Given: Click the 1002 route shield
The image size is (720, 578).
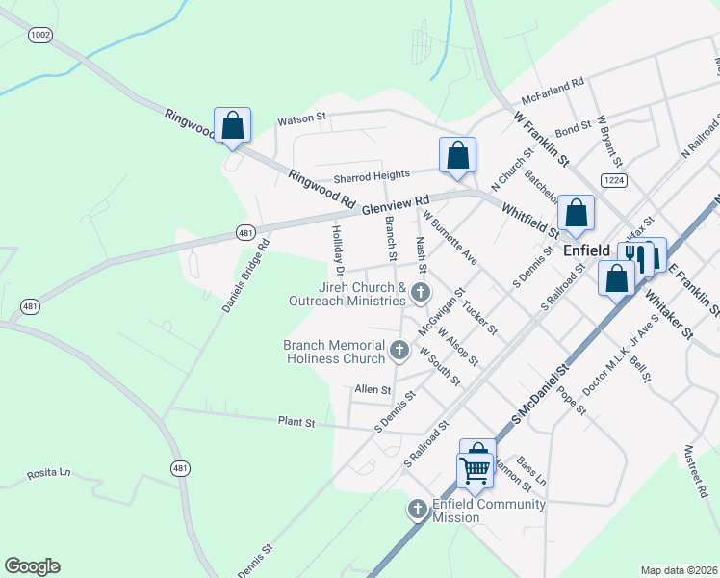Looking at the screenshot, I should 40,35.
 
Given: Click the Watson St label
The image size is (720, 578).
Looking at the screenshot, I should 301,120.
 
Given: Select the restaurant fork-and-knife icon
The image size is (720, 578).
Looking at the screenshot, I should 635,256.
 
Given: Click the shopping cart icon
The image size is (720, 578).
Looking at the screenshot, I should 475,470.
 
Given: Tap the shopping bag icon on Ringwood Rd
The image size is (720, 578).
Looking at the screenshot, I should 232,125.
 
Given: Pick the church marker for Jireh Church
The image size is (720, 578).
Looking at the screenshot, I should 420,291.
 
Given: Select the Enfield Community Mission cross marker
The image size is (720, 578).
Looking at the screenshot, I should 417,509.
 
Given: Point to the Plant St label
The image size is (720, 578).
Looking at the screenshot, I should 296,422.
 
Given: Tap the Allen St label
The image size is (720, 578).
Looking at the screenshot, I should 373,390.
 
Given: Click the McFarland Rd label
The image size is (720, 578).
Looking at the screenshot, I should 553,92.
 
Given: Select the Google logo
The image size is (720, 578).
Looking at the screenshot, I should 32,566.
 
